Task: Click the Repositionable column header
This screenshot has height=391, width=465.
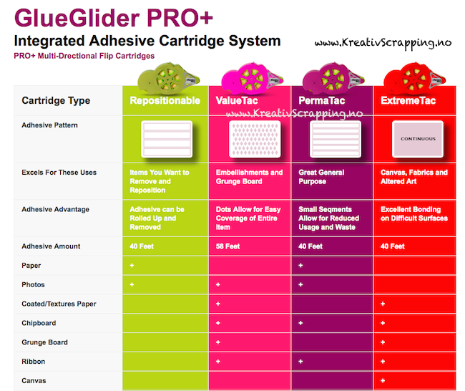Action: (165, 101)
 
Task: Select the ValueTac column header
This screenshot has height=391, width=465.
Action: (237, 101)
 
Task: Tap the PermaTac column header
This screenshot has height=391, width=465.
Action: (322, 101)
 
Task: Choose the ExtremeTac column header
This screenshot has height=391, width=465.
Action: (408, 101)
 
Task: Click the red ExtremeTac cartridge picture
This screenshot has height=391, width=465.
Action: (414, 77)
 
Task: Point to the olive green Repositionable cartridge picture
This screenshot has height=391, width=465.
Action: (168, 77)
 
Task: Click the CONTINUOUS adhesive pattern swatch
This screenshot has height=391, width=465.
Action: (418, 139)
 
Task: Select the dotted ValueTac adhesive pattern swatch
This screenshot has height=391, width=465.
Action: (255, 139)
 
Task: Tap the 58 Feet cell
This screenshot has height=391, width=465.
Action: (227, 246)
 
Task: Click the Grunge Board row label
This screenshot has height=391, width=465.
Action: (44, 342)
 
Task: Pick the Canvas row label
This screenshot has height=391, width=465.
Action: (34, 380)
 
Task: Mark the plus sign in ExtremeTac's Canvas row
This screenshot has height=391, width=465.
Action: (383, 380)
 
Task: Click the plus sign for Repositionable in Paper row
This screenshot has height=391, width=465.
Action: (132, 266)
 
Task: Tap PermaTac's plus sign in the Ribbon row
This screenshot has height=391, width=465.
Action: (300, 362)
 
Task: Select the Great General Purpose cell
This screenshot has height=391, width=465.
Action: (321, 177)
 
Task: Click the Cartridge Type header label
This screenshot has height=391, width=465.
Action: (56, 101)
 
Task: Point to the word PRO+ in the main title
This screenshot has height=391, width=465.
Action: (180, 18)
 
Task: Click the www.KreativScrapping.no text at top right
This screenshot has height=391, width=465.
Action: (383, 44)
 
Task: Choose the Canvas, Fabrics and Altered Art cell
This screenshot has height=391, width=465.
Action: (414, 177)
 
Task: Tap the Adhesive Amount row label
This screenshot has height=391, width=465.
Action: (51, 246)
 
